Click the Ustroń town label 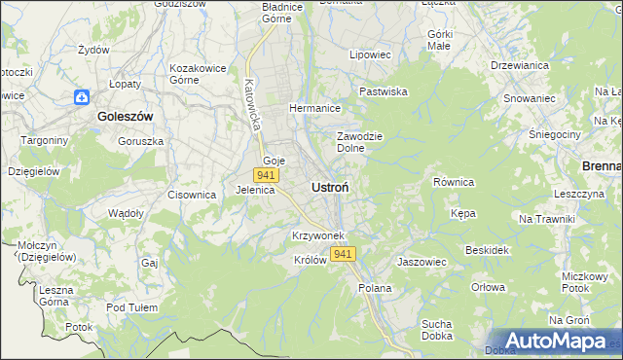coord(331,186)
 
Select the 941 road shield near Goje coord(266,174)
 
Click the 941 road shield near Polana coord(342,254)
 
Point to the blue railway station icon coord(81,97)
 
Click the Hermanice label coord(312,108)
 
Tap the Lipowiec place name coord(370,55)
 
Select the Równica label coord(453,182)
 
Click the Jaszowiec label coord(421,262)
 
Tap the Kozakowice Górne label coord(198,74)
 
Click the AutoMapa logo coord(557,342)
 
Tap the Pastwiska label coord(383,91)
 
